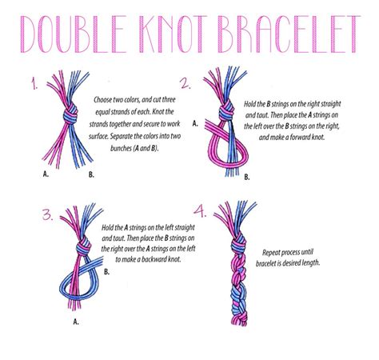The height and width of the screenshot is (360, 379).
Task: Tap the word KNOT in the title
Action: click(x=173, y=34)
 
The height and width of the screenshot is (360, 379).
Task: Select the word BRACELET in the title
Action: click(x=289, y=34)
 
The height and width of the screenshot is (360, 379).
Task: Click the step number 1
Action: click(x=34, y=83)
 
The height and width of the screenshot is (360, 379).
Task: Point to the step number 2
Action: click(x=186, y=83)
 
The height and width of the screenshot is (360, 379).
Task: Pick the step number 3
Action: click(x=48, y=214)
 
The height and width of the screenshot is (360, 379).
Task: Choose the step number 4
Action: click(x=200, y=210)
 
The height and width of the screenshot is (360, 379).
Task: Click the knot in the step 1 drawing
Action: click(x=70, y=114)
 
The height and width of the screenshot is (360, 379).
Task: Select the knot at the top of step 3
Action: click(x=84, y=247)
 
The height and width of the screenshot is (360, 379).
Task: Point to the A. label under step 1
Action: click(x=46, y=174)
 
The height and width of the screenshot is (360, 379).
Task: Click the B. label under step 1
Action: click(x=91, y=174)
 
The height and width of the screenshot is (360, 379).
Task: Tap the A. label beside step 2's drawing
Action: click(x=195, y=123)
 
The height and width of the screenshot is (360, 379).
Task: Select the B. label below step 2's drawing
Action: click(x=247, y=177)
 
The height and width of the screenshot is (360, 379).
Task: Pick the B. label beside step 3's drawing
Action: click(x=106, y=272)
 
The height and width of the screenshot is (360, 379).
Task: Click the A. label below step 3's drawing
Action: click(x=76, y=322)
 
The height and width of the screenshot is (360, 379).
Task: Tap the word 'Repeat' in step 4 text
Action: click(x=271, y=253)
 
